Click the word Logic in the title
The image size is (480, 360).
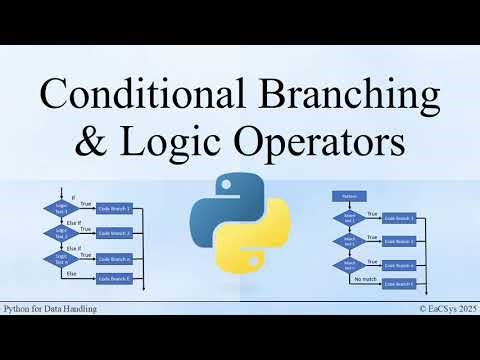[160, 141]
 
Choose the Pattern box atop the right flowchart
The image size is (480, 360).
[351, 196]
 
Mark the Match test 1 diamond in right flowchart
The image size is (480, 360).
[351, 218]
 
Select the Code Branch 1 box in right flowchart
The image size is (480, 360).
[405, 218]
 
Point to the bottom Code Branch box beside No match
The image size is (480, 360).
[405, 284]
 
